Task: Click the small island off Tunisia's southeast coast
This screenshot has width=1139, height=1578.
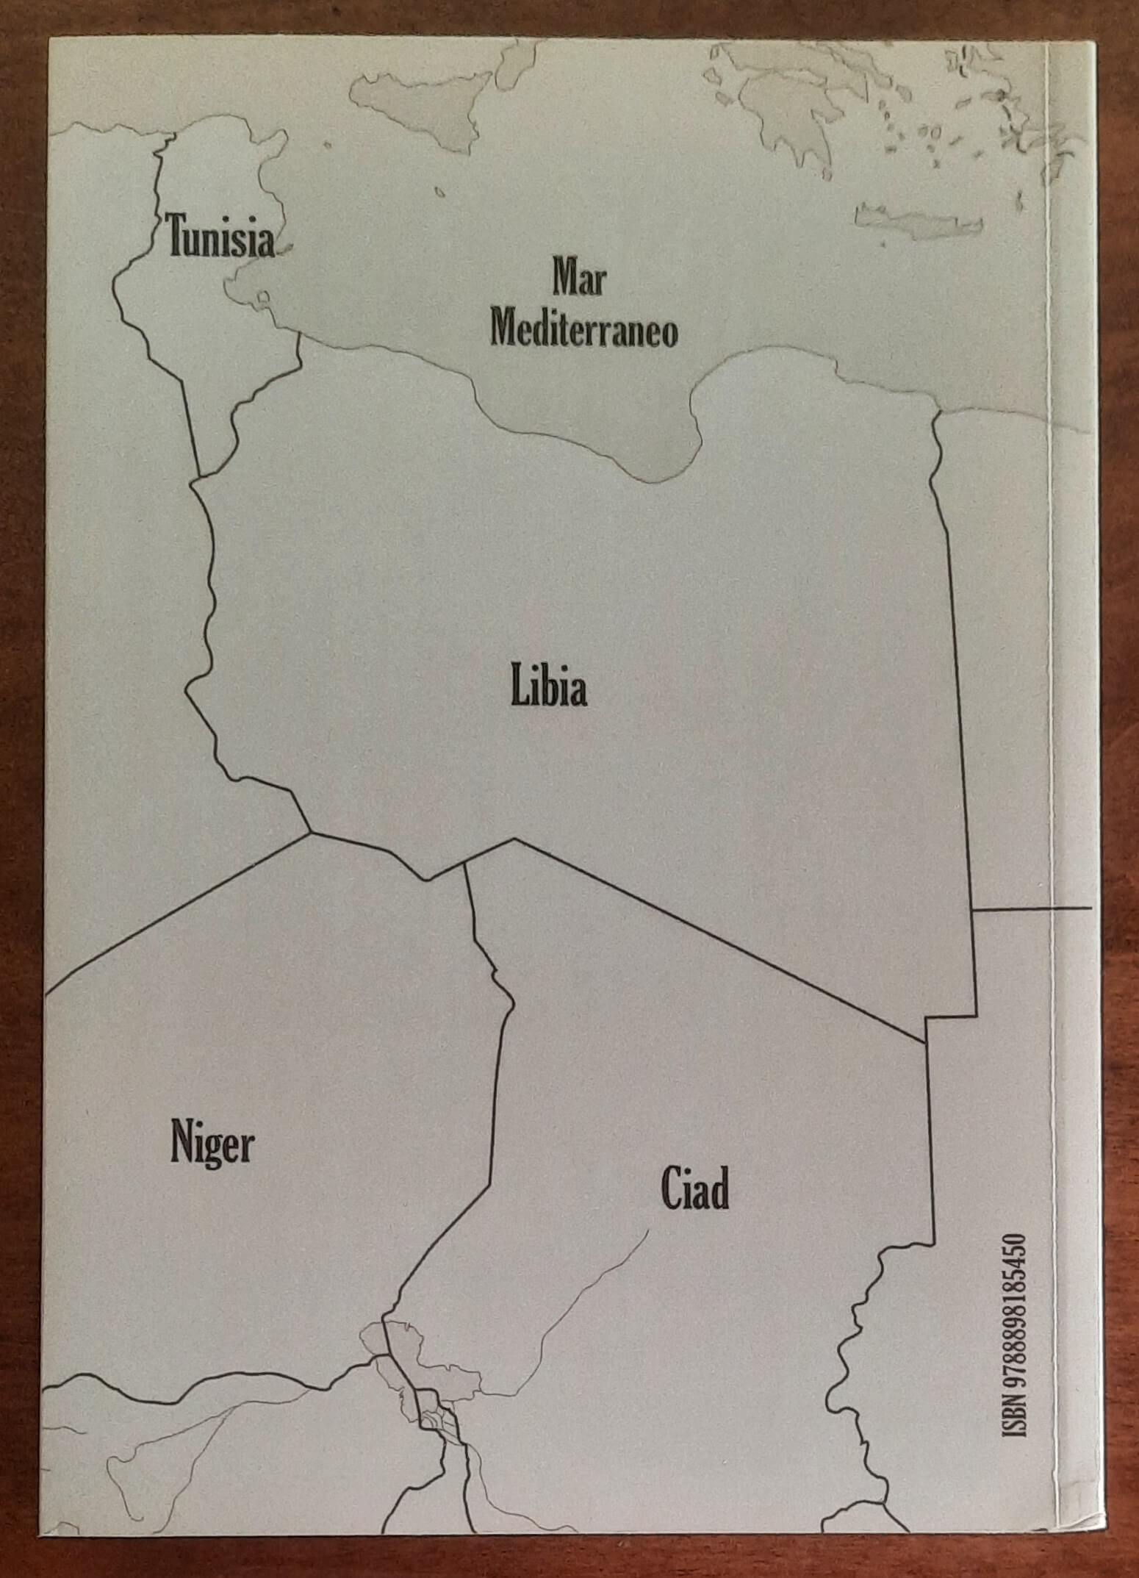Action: tap(262, 298)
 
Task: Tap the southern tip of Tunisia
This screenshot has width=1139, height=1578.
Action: tap(199, 474)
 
